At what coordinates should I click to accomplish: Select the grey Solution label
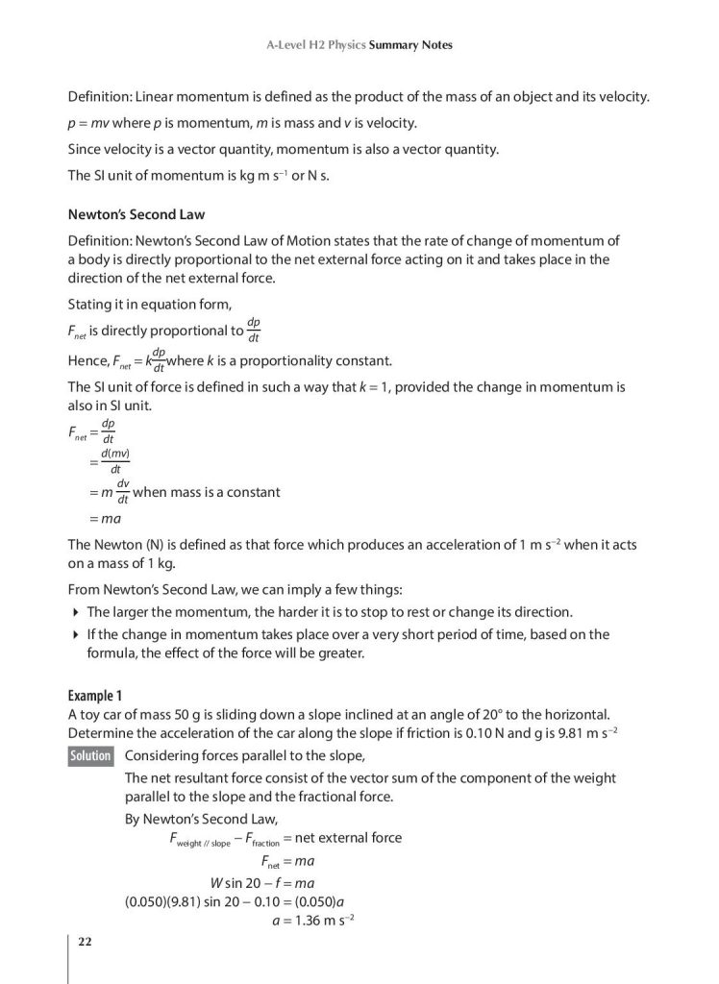[x=91, y=755]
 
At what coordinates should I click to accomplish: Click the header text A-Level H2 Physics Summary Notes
[x=359, y=45]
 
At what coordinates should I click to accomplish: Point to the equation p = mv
[x=95, y=124]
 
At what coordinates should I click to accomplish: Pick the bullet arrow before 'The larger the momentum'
[x=76, y=611]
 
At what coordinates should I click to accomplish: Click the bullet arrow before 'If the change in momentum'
[x=76, y=634]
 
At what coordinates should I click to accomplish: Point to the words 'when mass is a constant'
[x=206, y=492]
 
